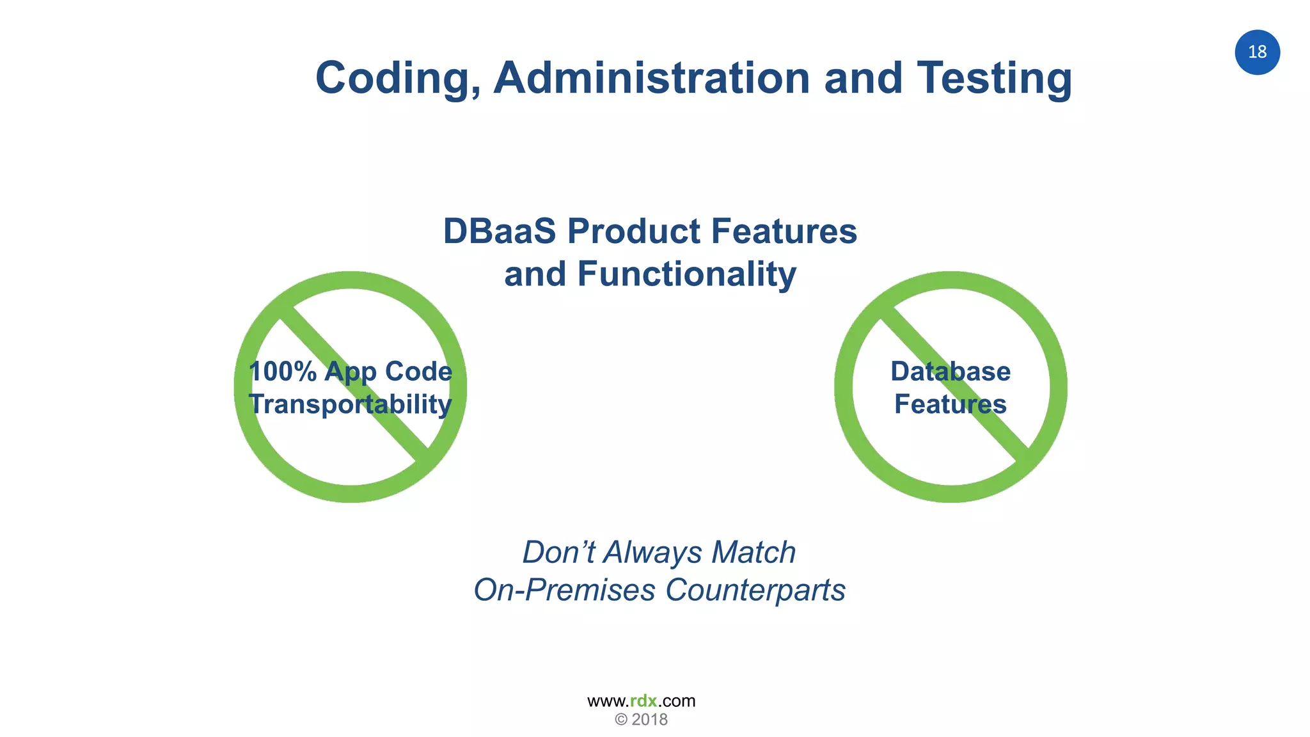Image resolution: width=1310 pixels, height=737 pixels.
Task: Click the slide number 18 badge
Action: tap(1257, 52)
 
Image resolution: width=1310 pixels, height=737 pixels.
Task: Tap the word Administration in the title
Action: tap(651, 77)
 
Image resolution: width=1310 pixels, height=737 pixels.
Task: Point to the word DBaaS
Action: tap(500, 231)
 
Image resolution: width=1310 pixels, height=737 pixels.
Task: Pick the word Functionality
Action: tap(686, 274)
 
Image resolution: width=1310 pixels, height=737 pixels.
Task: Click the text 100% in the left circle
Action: tap(282, 372)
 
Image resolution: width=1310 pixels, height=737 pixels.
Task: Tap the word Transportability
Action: tap(350, 404)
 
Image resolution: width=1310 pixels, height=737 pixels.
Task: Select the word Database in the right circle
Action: tap(950, 372)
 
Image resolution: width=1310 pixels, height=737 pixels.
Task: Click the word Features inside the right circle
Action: tap(950, 404)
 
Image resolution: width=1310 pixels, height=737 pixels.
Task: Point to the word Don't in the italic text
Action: tap(558, 552)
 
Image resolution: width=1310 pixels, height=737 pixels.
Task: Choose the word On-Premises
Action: tap(564, 590)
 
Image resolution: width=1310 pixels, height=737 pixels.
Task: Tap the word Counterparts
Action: tap(755, 590)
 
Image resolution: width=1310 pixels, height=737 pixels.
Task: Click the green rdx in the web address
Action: tap(643, 701)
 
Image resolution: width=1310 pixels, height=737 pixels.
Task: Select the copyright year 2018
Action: tap(649, 720)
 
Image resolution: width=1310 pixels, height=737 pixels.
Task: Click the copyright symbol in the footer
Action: tap(620, 720)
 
